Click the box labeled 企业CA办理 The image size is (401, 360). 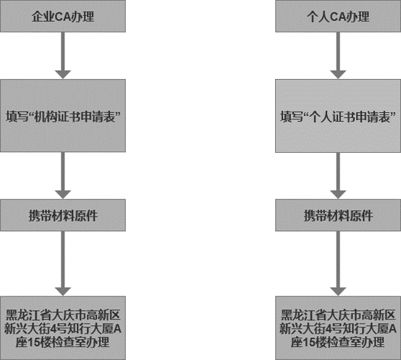click(x=63, y=16)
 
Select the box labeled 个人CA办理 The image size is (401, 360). click(x=338, y=16)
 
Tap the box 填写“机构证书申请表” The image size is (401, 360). click(x=63, y=116)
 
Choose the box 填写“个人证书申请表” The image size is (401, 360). click(x=338, y=116)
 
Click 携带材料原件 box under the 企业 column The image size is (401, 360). click(x=63, y=215)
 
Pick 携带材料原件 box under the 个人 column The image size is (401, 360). click(x=338, y=215)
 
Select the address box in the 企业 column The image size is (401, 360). click(x=63, y=328)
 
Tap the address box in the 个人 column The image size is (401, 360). click(x=338, y=328)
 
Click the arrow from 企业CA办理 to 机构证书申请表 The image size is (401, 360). click(x=63, y=56)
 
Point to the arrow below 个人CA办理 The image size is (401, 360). click(x=338, y=56)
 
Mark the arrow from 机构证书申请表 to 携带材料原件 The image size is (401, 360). click(x=63, y=175)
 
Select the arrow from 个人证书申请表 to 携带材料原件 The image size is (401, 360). click(x=338, y=176)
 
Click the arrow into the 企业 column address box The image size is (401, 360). click(x=63, y=264)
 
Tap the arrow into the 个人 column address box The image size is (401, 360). click(x=338, y=264)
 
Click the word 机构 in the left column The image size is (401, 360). click(x=46, y=117)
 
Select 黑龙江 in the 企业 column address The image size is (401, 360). click(x=22, y=315)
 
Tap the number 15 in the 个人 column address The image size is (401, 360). click(x=310, y=343)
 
